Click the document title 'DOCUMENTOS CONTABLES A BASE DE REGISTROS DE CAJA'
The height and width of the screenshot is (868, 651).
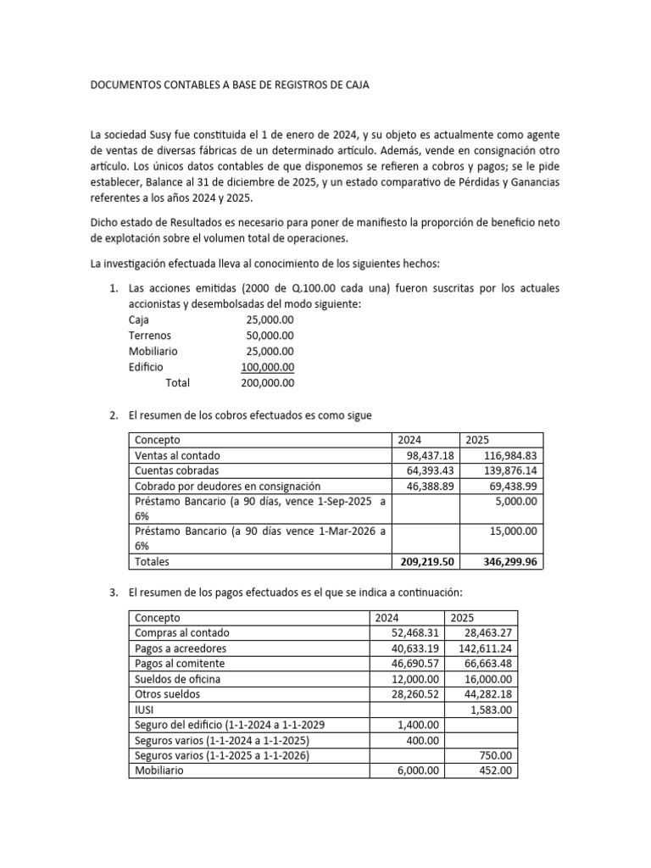tap(230, 86)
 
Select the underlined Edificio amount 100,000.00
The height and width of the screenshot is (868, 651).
tap(268, 367)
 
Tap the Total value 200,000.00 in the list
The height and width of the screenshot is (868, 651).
tap(268, 383)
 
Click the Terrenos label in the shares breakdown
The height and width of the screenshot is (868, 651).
tap(149, 336)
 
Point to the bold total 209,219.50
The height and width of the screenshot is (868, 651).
tap(427, 561)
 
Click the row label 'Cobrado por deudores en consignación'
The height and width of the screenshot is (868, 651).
tap(227, 487)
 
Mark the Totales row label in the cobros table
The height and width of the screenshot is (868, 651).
tap(152, 561)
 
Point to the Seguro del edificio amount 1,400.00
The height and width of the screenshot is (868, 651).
tap(417, 725)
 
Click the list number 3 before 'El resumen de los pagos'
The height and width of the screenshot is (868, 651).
tap(114, 592)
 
